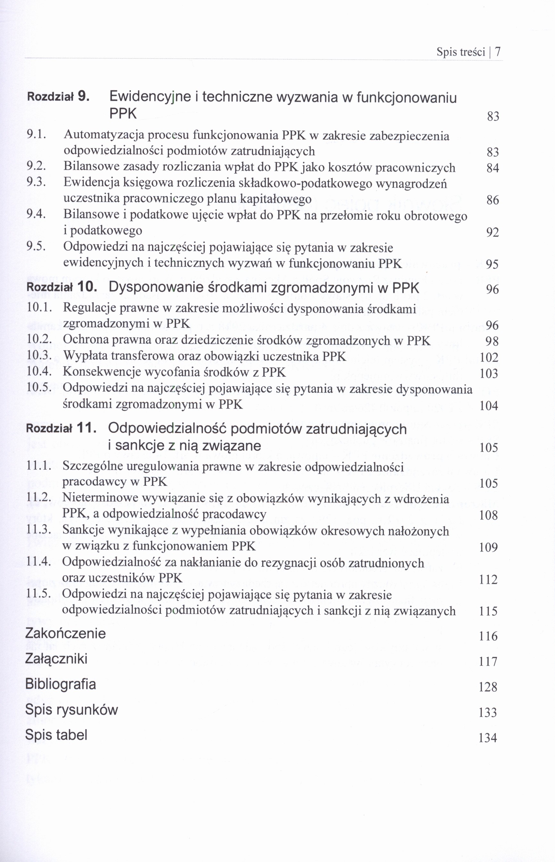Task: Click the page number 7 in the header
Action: pyautogui.click(x=497, y=52)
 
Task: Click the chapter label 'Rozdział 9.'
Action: pyautogui.click(x=58, y=96)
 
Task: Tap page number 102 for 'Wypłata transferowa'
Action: pyautogui.click(x=489, y=357)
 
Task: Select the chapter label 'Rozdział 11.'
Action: pyautogui.click(x=61, y=428)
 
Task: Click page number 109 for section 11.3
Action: pyautogui.click(x=489, y=547)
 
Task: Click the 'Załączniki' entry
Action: pyautogui.click(x=56, y=659)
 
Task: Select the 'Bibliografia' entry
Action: pyautogui.click(x=61, y=684)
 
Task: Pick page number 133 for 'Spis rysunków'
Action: pyautogui.click(x=488, y=713)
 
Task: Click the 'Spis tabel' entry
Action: pyautogui.click(x=56, y=735)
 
